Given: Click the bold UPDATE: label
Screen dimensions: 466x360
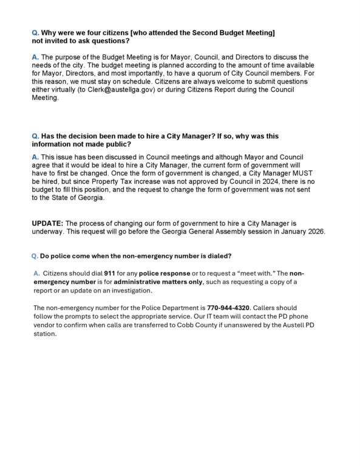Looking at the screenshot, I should point(47,223).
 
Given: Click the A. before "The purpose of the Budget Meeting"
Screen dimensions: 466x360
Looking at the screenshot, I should point(35,57).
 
